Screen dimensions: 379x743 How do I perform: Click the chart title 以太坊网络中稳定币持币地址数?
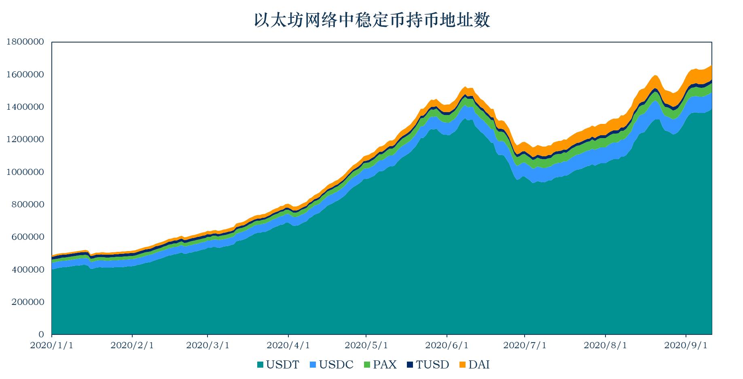point(372,20)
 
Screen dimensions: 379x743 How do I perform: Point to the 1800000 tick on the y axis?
point(25,42)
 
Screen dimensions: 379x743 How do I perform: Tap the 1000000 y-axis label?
point(25,172)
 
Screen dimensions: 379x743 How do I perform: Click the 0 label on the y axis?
point(41,334)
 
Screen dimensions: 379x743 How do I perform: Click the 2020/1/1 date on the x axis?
point(52,345)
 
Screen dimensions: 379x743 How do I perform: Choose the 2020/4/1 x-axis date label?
point(288,345)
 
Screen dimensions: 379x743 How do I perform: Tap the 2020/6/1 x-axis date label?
point(447,345)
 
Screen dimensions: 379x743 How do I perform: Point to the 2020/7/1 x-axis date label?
point(525,345)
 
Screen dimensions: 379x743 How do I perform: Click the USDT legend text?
point(282,365)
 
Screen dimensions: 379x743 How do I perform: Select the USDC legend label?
point(336,365)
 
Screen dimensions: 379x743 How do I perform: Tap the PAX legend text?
point(385,365)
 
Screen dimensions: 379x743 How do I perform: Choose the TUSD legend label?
point(432,365)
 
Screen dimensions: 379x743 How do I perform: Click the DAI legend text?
point(479,365)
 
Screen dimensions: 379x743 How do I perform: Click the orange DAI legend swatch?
point(463,365)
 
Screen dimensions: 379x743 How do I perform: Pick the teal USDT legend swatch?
point(260,365)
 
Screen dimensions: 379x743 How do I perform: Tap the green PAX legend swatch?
point(367,365)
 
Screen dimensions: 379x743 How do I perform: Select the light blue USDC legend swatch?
point(313,365)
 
